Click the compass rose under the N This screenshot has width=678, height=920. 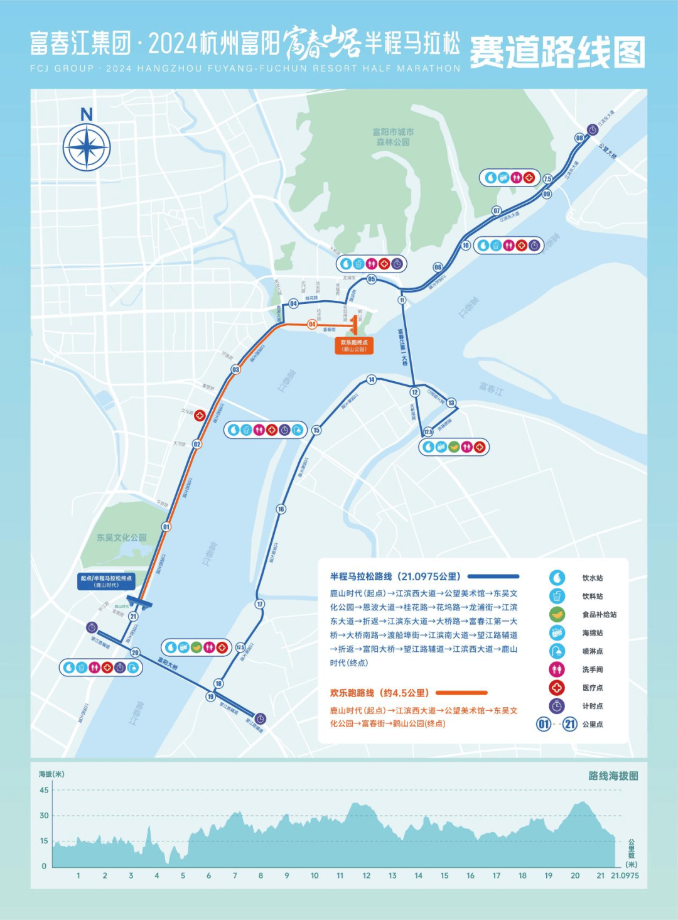point(87,148)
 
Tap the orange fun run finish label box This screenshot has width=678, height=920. point(354,345)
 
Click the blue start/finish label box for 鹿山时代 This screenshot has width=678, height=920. point(106,581)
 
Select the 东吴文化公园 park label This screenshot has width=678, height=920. point(122,538)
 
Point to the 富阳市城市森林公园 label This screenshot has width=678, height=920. point(393,137)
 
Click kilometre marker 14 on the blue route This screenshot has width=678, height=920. point(372,379)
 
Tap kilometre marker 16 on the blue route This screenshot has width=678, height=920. point(281,509)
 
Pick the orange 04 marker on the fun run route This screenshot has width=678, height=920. point(312,324)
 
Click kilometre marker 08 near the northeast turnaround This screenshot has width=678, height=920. point(579,138)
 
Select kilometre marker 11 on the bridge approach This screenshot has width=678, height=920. point(402,300)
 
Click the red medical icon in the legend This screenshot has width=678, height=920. point(557,688)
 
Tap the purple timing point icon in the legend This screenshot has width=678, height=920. point(557,706)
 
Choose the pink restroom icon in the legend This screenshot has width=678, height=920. point(557,669)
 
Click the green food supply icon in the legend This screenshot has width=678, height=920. point(557,614)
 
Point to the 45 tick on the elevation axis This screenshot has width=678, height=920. point(44,790)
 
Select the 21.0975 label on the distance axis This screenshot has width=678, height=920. point(625,875)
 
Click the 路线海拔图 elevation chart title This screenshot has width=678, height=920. point(613,776)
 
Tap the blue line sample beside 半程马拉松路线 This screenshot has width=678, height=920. point(493,576)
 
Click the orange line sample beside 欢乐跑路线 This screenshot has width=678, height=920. point(461,693)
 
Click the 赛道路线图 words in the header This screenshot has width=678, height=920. point(557,51)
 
